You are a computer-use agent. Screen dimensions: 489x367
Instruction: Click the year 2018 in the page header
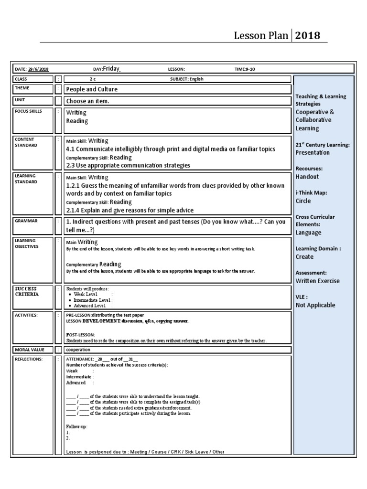click(307, 36)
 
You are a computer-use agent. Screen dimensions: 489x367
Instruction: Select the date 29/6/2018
click(38, 69)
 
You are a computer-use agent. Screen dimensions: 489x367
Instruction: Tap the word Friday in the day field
click(111, 69)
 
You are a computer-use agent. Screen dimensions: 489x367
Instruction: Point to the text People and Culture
click(92, 89)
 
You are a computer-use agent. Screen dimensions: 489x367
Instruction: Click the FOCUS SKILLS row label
click(28, 111)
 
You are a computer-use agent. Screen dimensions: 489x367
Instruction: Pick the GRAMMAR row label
click(26, 221)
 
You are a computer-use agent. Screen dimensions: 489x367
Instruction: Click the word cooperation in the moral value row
click(78, 350)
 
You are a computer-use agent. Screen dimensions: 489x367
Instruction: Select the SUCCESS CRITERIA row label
click(26, 291)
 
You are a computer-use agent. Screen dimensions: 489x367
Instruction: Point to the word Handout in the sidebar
click(307, 177)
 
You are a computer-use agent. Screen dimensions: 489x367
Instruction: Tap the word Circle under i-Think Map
click(303, 201)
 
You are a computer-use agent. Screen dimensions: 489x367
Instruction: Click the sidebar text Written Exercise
click(318, 281)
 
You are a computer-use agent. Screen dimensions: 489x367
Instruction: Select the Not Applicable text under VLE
click(315, 305)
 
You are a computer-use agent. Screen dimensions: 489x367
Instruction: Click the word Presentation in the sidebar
click(313, 153)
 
